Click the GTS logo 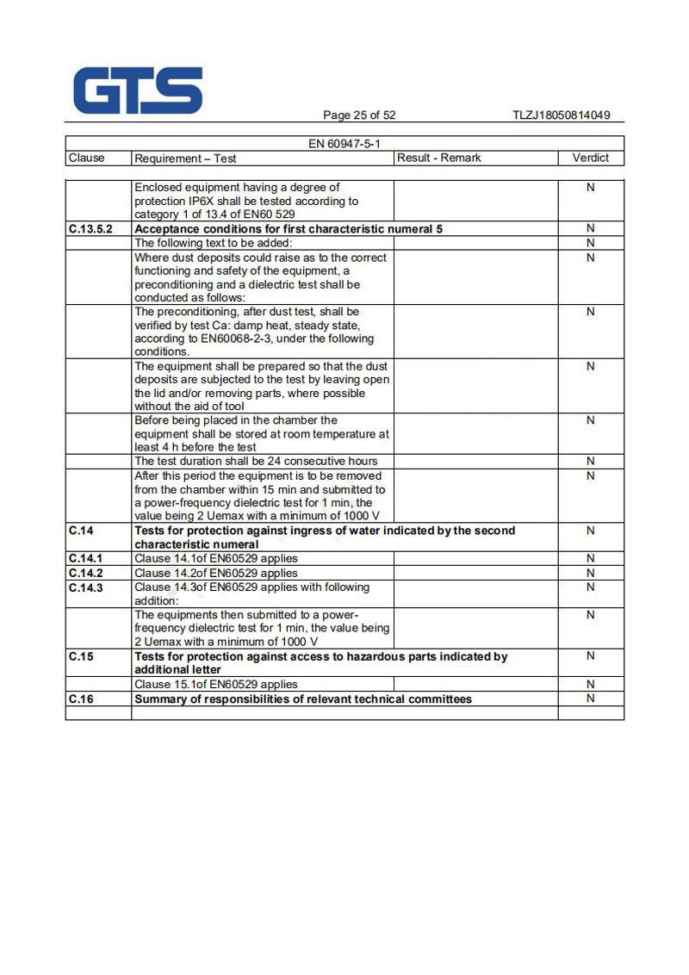[138, 90]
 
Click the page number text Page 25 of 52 [359, 115]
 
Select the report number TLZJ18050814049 [561, 115]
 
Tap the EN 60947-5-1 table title [344, 144]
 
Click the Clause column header [86, 158]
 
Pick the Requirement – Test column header [185, 158]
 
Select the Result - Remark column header [438, 158]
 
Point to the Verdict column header [590, 158]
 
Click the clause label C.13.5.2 [90, 229]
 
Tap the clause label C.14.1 [85, 558]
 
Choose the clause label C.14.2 [85, 573]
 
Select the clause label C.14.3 [85, 587]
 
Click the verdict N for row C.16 [590, 699]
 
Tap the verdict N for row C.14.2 [590, 573]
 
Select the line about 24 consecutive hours [256, 461]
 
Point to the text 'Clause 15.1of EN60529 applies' [216, 685]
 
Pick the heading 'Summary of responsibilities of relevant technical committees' [303, 699]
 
